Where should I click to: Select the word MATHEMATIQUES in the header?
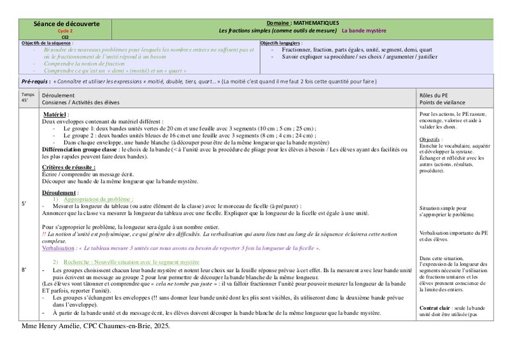click(x=318, y=23)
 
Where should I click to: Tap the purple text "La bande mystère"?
click(x=363, y=30)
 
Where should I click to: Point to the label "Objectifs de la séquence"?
click(x=47, y=43)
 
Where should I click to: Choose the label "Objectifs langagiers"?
click(x=280, y=43)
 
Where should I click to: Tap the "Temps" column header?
click(x=28, y=94)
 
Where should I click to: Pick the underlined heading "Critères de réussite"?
click(x=68, y=167)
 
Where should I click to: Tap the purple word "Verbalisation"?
click(x=57, y=248)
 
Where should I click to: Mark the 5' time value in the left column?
click(x=24, y=203)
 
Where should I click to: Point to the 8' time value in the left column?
click(x=24, y=270)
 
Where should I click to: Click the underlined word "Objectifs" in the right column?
click(x=430, y=139)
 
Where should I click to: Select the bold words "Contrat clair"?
click(x=436, y=308)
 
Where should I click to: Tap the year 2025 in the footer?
click(x=160, y=326)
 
